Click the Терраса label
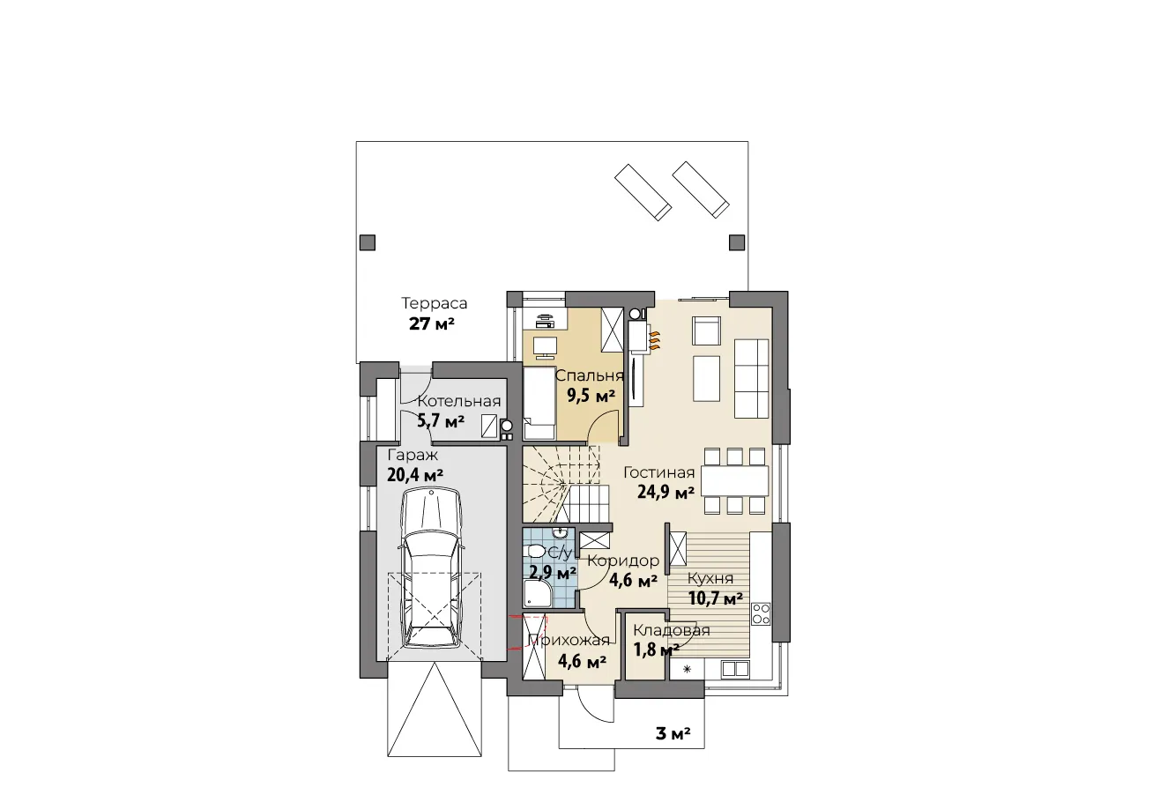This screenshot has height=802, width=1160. pyautogui.click(x=434, y=303)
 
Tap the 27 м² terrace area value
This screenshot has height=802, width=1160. pyautogui.click(x=431, y=324)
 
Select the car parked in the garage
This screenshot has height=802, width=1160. pyautogui.click(x=431, y=568)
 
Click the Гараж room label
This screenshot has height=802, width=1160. pyautogui.click(x=413, y=456)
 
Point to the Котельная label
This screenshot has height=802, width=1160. pyautogui.click(x=459, y=401)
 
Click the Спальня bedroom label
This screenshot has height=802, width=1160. pyautogui.click(x=589, y=376)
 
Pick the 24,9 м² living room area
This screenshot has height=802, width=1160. pyautogui.click(x=666, y=493)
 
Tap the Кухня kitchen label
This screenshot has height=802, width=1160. pyautogui.click(x=710, y=579)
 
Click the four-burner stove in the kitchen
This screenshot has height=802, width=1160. pyautogui.click(x=761, y=613)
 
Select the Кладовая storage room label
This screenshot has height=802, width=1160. pyautogui.click(x=671, y=630)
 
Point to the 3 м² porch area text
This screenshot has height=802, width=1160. pyautogui.click(x=673, y=733)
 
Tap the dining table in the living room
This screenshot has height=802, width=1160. pyautogui.click(x=734, y=480)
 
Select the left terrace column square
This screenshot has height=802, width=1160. pyautogui.click(x=368, y=242)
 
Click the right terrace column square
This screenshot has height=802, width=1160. pyautogui.click(x=737, y=242)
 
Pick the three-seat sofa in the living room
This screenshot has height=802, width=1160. pyautogui.click(x=751, y=378)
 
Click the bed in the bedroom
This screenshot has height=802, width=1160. pyautogui.click(x=539, y=402)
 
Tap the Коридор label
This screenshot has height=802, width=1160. pyautogui.click(x=623, y=561)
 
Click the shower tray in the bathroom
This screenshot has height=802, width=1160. pyautogui.click(x=538, y=593)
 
